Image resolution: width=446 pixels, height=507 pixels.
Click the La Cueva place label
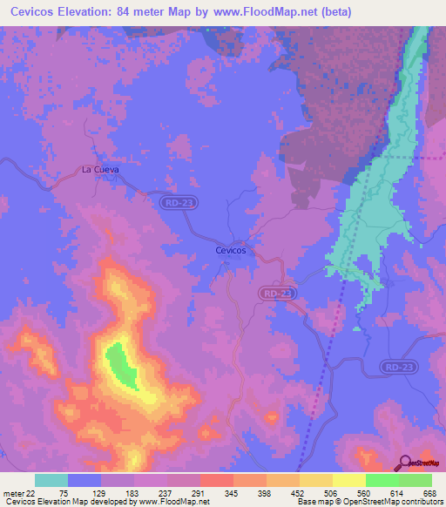pyautogui.click(x=99, y=169)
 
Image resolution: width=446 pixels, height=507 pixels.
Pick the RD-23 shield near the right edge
pyautogui.click(x=396, y=368)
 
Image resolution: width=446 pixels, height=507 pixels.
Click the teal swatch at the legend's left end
pyautogui.click(x=51, y=480)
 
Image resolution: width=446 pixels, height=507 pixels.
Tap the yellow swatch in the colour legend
pyautogui.click(x=348, y=480)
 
